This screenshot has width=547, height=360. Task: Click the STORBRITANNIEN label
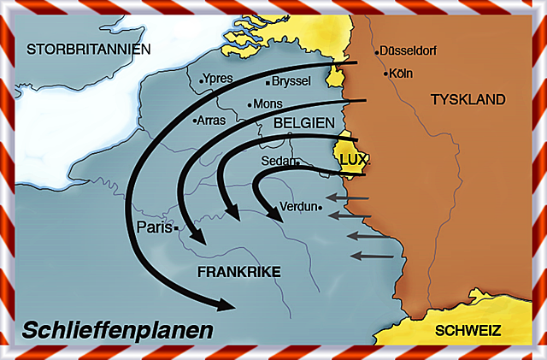tap(88, 49)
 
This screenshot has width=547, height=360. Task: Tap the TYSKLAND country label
tap(468, 100)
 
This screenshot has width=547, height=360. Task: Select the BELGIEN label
tap(304, 124)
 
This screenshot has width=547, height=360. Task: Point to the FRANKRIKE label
tap(239, 272)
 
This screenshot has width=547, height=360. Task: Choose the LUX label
tap(352, 159)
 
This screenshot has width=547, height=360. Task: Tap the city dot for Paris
tap(175, 228)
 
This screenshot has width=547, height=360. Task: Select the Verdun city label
tap(299, 206)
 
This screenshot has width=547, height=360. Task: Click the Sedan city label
tap(279, 160)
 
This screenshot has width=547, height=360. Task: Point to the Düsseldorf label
tap(408, 51)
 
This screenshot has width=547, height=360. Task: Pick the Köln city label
tap(401, 74)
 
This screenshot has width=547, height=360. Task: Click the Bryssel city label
tap(292, 82)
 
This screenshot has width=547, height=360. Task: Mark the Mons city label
tap(267, 104)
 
